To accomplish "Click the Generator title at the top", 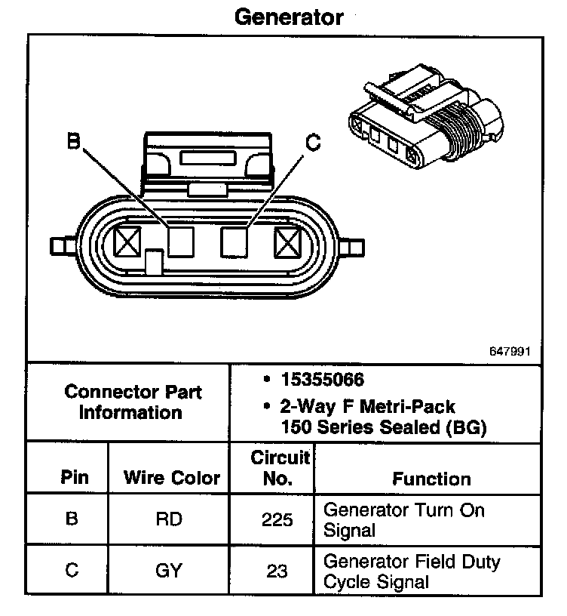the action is click(x=289, y=17).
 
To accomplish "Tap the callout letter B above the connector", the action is click(x=73, y=140).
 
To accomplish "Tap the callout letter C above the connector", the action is click(x=313, y=141).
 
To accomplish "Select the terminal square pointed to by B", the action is click(x=181, y=241).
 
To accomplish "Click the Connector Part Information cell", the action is click(x=132, y=402).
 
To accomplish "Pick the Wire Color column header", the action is click(x=172, y=478).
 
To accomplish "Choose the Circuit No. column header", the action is click(x=279, y=467).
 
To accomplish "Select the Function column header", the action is click(x=431, y=479).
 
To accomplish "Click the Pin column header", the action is click(x=73, y=478).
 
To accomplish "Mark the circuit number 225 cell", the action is click(x=277, y=519).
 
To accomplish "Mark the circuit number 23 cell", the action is click(x=277, y=571).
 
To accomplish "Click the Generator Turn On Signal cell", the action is click(x=403, y=519).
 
